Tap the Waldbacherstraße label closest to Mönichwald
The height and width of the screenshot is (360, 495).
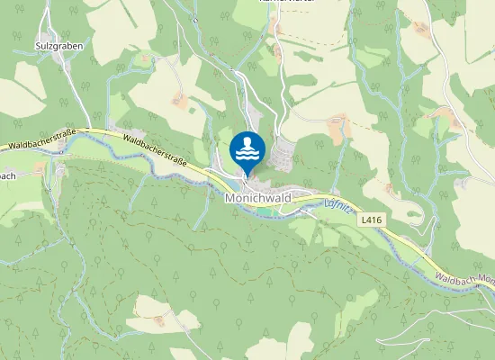tap(154, 151)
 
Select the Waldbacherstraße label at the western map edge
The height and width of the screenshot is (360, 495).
tap(40, 138)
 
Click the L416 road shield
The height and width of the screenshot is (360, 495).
tap(370, 219)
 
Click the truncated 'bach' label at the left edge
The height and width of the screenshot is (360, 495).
tap(6, 176)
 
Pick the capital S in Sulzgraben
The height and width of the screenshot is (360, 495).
tap(38, 43)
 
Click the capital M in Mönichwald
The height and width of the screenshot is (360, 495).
tap(230, 197)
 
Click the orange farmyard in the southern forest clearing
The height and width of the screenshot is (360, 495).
tap(159, 318)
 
